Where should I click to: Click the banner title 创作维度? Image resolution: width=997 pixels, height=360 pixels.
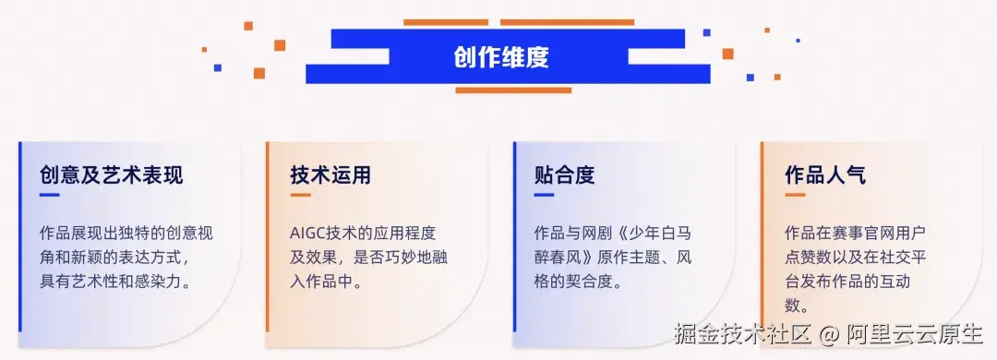coord(501,57)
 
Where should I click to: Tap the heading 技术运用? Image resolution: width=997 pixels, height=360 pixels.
coord(330,174)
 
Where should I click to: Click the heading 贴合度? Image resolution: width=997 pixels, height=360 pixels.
coord(564,174)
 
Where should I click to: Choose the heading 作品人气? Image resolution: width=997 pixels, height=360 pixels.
coord(825,174)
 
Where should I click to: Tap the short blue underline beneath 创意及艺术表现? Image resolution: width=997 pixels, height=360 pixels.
coord(49,195)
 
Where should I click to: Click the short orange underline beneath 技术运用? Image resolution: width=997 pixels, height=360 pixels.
coord(300,195)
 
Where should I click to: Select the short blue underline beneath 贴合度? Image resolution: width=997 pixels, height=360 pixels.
coord(544,195)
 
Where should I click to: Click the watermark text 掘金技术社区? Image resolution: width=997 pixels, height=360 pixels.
coord(741,332)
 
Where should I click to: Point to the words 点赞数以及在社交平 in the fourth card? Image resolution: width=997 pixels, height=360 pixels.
coord(855,258)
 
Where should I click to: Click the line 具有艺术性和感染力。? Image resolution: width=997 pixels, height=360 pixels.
coord(116,282)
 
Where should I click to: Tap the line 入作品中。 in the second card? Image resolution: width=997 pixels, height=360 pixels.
coord(327,282)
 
